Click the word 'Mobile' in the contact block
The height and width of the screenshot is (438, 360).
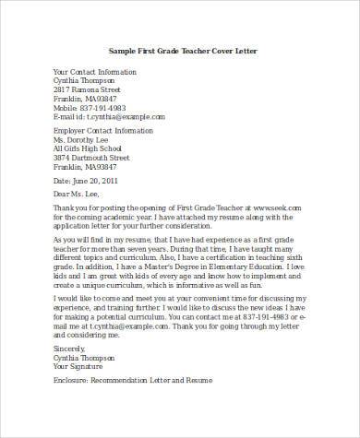pyautogui.click(x=66, y=107)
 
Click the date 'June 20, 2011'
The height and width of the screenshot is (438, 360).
pyautogui.click(x=102, y=181)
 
